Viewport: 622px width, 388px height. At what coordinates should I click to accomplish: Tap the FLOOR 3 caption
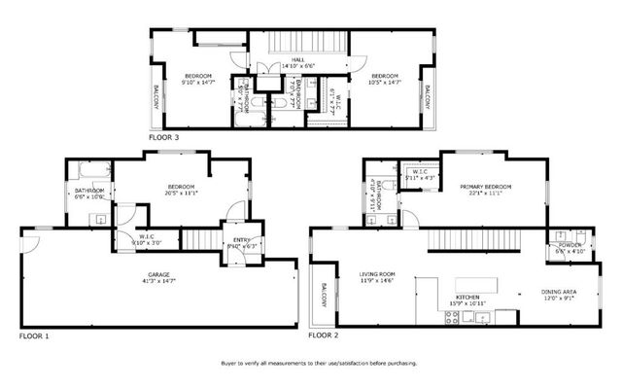[x=164, y=138]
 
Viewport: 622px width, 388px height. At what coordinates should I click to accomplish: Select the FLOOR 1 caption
[x=34, y=336]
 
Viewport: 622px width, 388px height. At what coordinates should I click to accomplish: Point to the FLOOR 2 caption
[x=324, y=336]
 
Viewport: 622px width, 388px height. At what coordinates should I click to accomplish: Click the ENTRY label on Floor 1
[x=242, y=240]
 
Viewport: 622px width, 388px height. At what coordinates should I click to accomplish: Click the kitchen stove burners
[x=454, y=316]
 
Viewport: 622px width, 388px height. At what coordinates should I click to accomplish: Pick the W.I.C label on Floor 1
[x=148, y=236]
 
